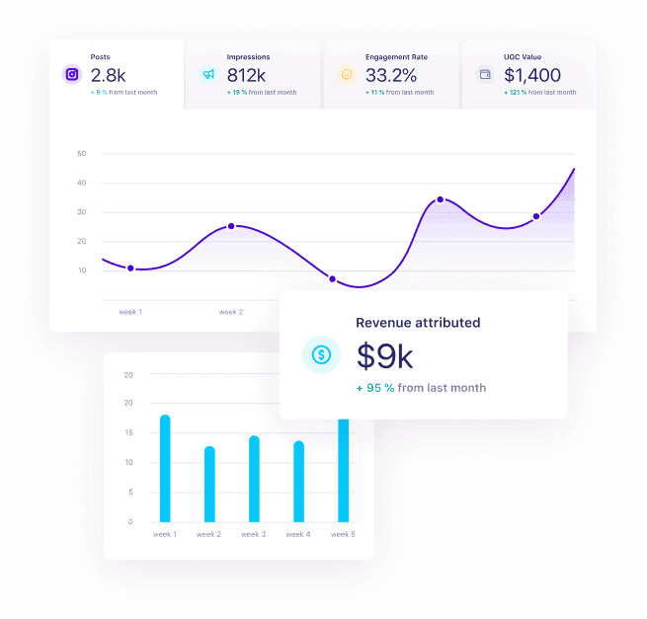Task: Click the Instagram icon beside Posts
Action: (x=71, y=74)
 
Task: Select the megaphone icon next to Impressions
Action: (x=208, y=74)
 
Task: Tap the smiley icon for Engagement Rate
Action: (x=347, y=74)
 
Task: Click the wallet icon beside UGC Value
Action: (x=485, y=74)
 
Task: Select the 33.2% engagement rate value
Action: (x=392, y=74)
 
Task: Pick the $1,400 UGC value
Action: (x=532, y=74)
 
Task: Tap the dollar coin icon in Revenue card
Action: (x=321, y=353)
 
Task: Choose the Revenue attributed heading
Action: (x=418, y=322)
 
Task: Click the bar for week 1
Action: (x=165, y=468)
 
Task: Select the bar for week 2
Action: (x=209, y=484)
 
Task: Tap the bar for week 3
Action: (x=254, y=479)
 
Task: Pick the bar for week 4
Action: (x=298, y=481)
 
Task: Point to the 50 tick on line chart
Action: (x=81, y=153)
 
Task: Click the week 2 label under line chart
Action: (x=230, y=312)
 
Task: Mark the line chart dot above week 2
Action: (x=231, y=226)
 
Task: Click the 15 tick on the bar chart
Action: (x=128, y=432)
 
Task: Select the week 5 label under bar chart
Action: (x=343, y=534)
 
